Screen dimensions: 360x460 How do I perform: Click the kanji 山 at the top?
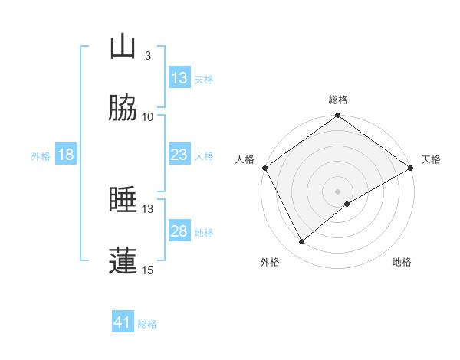click(123, 47)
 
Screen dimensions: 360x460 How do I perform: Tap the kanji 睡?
click(123, 200)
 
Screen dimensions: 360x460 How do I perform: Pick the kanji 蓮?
click(123, 260)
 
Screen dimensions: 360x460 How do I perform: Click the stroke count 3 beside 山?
click(148, 56)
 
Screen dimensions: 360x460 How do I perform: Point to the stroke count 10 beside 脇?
click(148, 116)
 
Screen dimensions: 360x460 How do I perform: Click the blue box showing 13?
click(179, 78)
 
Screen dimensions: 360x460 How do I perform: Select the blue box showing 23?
click(179, 155)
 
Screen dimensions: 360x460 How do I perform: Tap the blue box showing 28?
click(179, 231)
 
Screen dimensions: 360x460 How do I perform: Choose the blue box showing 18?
click(66, 155)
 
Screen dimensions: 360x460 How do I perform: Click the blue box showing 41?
click(123, 323)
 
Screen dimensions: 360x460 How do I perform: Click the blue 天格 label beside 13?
click(203, 79)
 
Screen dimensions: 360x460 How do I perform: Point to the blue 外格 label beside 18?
click(41, 155)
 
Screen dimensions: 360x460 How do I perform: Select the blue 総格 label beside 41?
click(147, 324)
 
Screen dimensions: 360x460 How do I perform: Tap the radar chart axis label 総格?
click(337, 100)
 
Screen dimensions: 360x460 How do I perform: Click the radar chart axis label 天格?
click(431, 159)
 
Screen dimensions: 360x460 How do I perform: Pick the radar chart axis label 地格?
click(402, 262)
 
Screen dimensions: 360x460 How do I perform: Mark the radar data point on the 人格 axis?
click(264, 168)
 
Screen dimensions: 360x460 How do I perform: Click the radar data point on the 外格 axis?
click(302, 242)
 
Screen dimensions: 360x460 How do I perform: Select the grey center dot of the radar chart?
click(338, 191)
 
